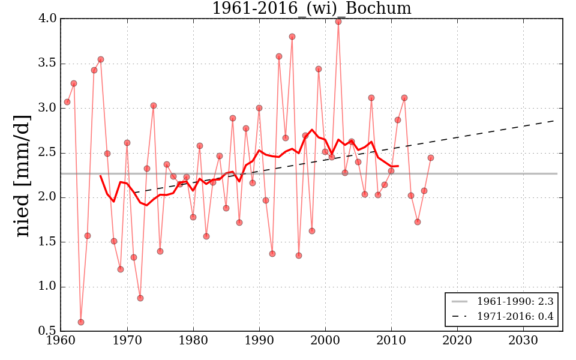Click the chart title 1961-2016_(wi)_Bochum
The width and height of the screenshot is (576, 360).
(311, 8)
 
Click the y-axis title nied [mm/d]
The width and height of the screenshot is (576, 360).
(23, 175)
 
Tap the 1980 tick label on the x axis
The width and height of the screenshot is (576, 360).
(193, 340)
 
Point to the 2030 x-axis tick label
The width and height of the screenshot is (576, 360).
(523, 340)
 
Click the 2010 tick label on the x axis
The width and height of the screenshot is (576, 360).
(391, 340)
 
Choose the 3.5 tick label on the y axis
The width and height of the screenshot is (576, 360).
(48, 63)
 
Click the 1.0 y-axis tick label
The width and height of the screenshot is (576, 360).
(48, 287)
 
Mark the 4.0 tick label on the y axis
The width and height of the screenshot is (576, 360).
(48, 19)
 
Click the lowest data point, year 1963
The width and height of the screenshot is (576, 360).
(81, 322)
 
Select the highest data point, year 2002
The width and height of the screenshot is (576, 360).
(338, 21)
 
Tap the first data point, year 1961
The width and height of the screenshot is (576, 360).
(67, 102)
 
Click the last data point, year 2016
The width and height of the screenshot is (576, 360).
(431, 158)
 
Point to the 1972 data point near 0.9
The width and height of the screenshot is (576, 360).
(140, 298)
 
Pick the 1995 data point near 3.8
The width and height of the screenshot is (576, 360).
(292, 37)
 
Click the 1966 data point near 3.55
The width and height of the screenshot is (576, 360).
(101, 59)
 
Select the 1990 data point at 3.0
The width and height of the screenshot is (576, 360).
(259, 108)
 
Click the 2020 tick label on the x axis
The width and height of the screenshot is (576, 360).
(457, 340)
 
